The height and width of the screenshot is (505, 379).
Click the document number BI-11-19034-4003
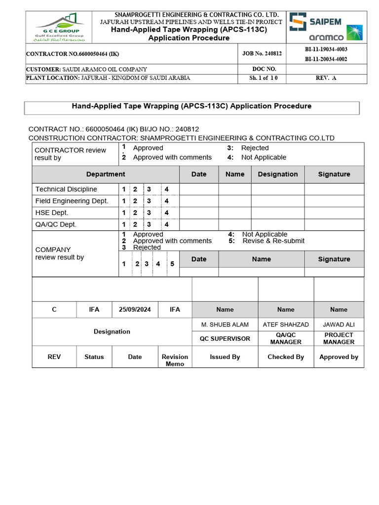coord(326,49)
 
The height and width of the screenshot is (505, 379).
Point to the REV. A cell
coord(326,78)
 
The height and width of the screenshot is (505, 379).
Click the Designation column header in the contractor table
coord(277,174)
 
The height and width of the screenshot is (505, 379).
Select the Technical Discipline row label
coord(66,189)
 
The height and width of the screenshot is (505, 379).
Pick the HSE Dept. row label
coord(52,213)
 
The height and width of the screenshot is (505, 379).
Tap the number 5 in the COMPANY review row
coord(172,264)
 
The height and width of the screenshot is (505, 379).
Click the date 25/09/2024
coord(135,309)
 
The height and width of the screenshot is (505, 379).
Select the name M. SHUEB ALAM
coord(225,325)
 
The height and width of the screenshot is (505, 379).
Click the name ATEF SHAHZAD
coord(286,325)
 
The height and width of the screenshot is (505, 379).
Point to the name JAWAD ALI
coord(339,325)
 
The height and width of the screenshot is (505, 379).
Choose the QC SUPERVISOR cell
coord(225,339)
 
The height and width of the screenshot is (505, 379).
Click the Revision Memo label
coord(175,360)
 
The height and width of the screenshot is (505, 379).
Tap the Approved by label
coord(339,357)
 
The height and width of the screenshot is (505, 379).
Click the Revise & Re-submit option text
coord(273,241)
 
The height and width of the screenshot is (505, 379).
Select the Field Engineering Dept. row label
coord(72,201)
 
